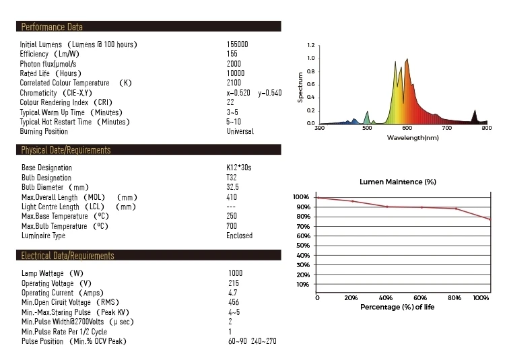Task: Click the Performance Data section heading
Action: (x=53, y=28)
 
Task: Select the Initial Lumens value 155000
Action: (x=238, y=44)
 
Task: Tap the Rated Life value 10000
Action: (x=236, y=73)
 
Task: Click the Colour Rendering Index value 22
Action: (x=230, y=102)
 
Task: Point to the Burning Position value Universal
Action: (x=240, y=131)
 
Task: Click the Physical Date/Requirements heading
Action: (x=66, y=150)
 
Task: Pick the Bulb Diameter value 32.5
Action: (x=233, y=187)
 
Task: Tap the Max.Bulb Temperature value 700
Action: (x=232, y=226)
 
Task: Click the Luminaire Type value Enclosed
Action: (x=240, y=236)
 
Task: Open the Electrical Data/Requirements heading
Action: (x=68, y=256)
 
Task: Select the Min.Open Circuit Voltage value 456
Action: (x=233, y=303)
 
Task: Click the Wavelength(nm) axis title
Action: (x=413, y=137)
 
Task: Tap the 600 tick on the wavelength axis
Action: (x=407, y=128)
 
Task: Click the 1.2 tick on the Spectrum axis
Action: (x=310, y=46)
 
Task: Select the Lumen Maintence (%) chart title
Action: (x=398, y=182)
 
